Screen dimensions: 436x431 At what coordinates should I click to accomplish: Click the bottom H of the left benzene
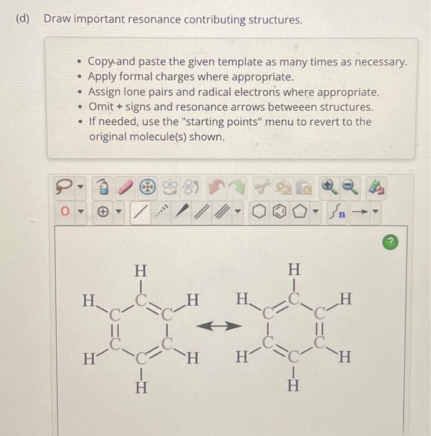tap(142, 386)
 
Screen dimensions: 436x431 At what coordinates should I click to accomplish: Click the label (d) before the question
tap(23, 19)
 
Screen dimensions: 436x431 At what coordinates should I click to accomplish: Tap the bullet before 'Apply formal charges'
tap(79, 77)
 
